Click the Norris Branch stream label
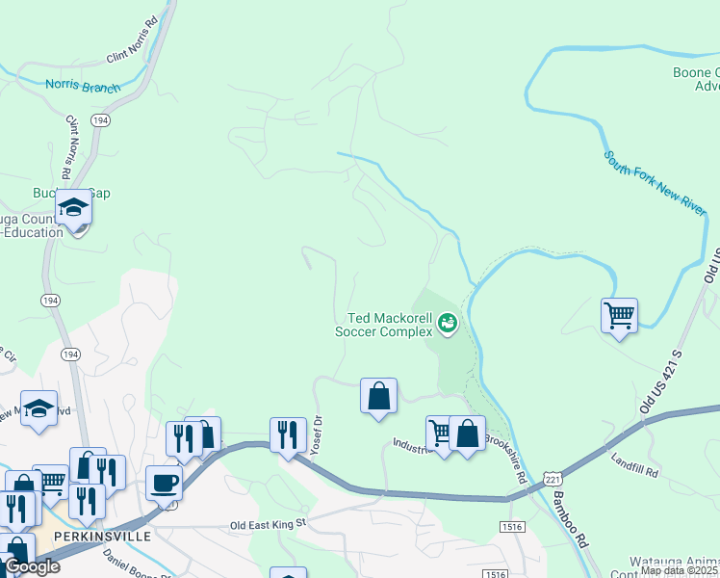point(83,85)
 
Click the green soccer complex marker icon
point(447,324)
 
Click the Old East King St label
point(267,524)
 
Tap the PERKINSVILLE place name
point(103,536)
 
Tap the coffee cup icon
point(164,482)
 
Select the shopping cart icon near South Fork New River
point(619,314)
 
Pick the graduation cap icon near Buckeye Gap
point(73,207)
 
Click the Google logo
point(32,566)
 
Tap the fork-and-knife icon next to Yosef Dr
point(288,434)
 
